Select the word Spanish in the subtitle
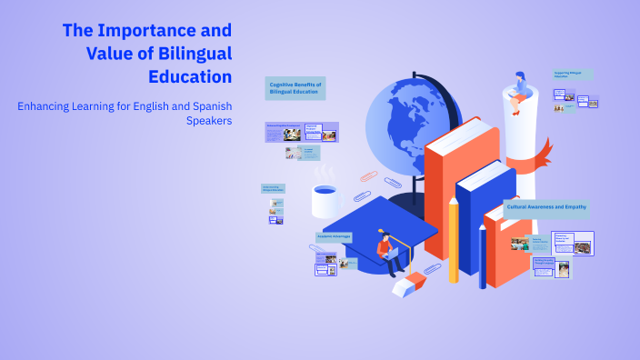tap(202, 105)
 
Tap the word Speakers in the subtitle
tap(209, 120)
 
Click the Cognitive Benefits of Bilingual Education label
tap(295, 87)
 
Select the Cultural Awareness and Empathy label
tap(545, 207)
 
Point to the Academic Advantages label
tap(334, 236)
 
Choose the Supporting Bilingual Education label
tap(573, 74)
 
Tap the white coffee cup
tap(325, 201)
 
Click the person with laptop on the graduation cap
tap(388, 252)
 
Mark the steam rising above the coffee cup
tap(324, 172)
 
